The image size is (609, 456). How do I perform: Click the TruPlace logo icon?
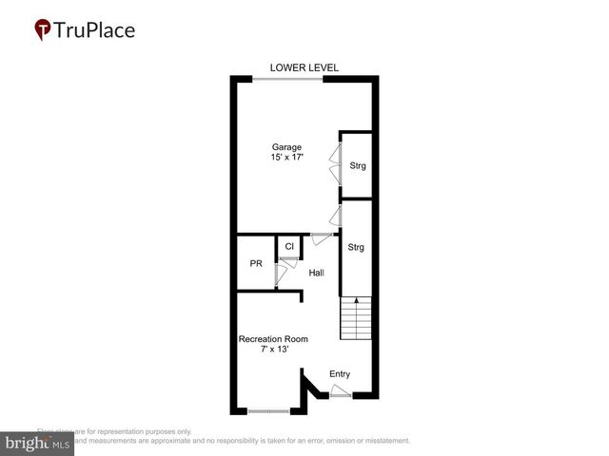pos(43,29)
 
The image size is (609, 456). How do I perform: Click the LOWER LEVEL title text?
pos(304,67)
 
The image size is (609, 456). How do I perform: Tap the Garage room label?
pos(286,147)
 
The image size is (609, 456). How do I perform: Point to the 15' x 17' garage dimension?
pos(286,158)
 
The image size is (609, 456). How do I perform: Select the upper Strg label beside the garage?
pos(357,166)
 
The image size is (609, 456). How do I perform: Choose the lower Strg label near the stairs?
pos(356,248)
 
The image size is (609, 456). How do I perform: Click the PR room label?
pos(256,264)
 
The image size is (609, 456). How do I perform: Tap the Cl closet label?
pos(289,247)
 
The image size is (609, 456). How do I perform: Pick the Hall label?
pos(316,274)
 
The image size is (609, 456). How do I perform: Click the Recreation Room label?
pos(273,339)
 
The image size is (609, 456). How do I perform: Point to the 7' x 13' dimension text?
pos(273,350)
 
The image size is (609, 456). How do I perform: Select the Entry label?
pos(340,374)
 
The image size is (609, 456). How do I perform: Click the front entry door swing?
pos(339,389)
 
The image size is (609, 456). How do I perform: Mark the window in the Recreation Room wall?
pos(268,410)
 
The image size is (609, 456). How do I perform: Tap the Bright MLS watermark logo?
pos(37,444)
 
